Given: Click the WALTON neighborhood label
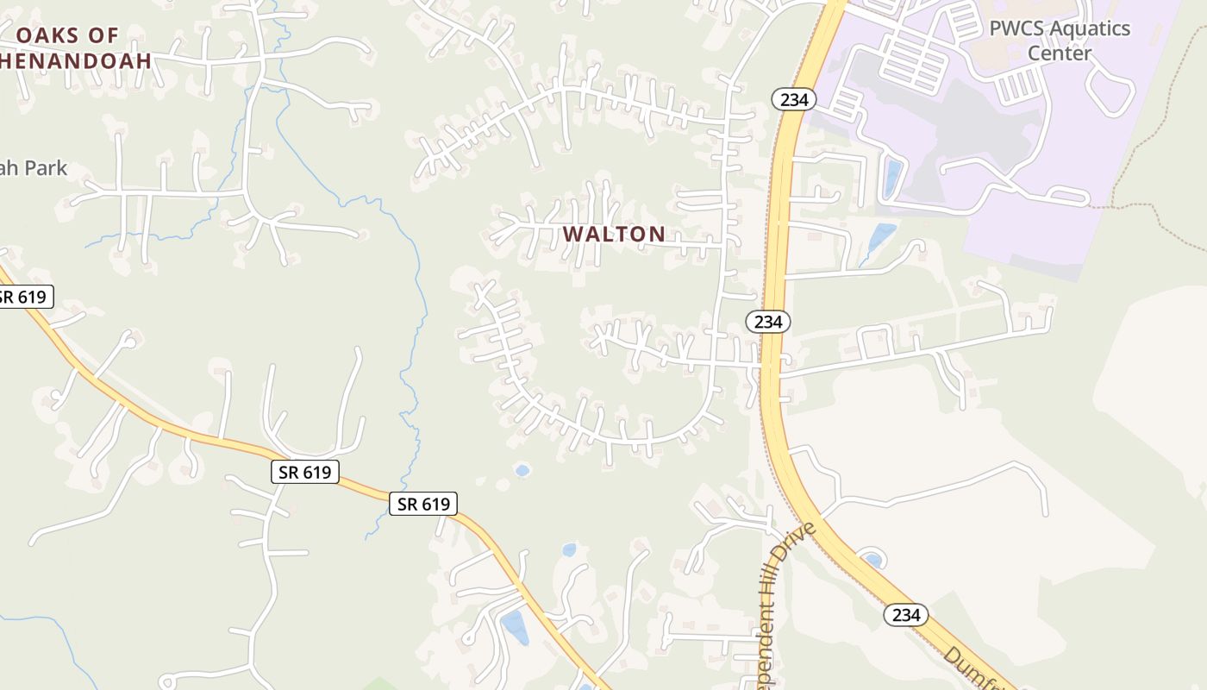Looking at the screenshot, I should pos(614,234).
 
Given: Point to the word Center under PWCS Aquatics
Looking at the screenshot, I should pos(1060,53).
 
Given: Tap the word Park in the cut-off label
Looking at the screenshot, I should pos(47,168).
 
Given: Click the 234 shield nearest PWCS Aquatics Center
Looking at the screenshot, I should pos(793,99).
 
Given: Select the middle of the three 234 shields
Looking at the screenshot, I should pos(767,322).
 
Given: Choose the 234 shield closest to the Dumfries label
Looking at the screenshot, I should pos(905,615).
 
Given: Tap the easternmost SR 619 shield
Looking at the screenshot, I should pos(422,504).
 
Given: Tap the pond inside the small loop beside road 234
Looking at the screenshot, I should pos(872,561).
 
